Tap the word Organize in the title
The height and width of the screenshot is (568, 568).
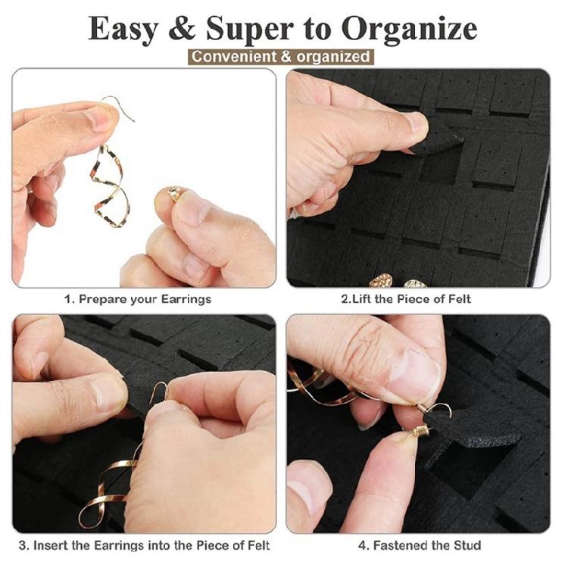click(x=408, y=29)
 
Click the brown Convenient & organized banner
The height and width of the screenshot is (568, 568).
click(x=281, y=57)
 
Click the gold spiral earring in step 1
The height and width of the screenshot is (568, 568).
click(x=108, y=185)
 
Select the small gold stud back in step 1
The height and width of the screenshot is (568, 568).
click(x=174, y=195)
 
